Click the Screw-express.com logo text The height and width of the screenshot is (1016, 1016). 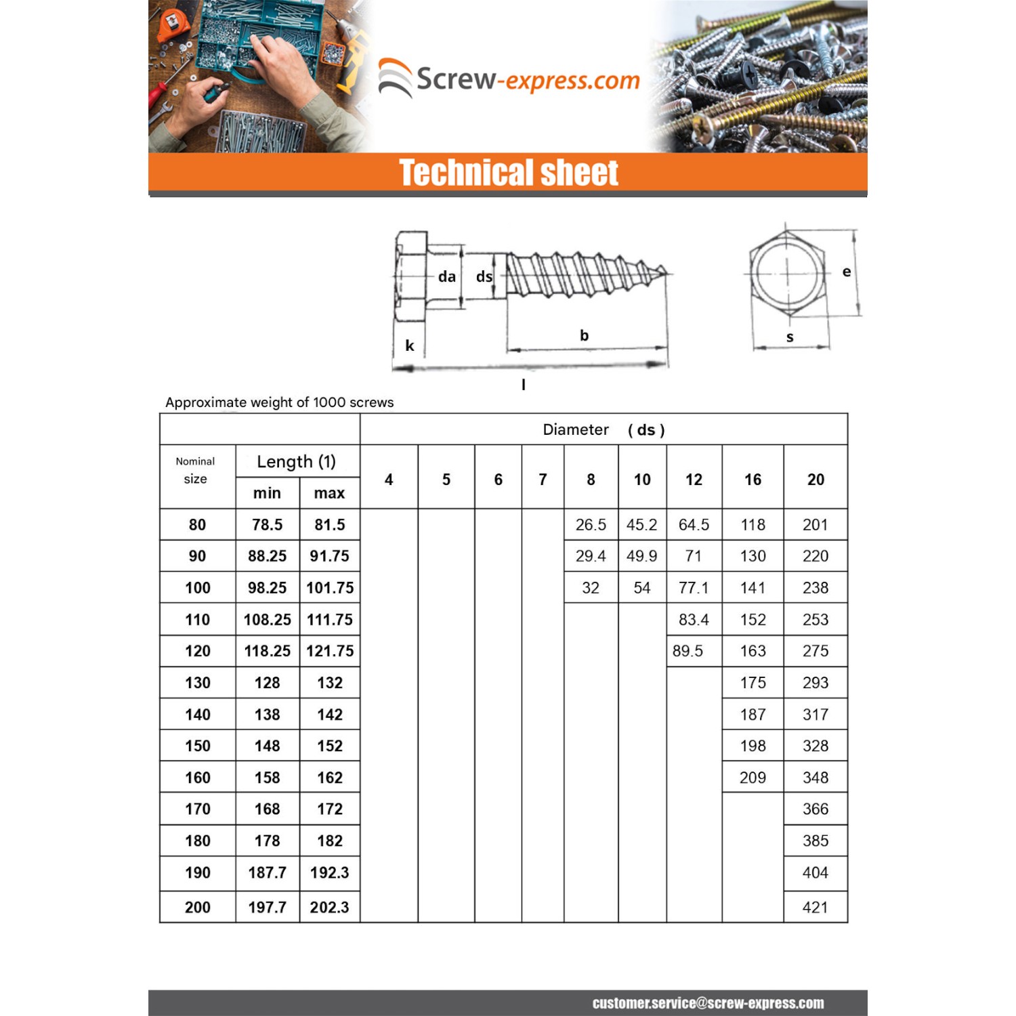point(528,80)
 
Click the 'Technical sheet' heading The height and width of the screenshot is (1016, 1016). point(508,173)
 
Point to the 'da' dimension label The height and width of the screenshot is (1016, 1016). point(446,276)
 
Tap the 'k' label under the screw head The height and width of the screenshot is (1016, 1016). point(410,345)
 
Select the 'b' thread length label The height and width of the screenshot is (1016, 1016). point(584,335)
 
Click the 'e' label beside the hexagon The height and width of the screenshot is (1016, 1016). point(846,272)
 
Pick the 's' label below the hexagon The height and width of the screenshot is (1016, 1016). point(790,337)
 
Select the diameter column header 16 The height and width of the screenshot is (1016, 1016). point(753,480)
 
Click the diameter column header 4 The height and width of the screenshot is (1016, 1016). point(389,480)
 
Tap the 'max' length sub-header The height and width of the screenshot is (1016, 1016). point(329,493)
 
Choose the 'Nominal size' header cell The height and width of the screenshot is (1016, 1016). point(196,470)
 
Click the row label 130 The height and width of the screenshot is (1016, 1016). point(198,683)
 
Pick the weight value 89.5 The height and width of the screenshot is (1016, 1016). point(687,651)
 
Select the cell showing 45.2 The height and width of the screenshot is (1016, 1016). point(641,525)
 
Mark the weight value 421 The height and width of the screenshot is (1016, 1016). point(815,907)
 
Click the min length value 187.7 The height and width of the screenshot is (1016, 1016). point(267,872)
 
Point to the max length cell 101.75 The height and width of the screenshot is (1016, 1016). point(330,588)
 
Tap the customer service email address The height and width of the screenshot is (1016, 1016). point(708,1003)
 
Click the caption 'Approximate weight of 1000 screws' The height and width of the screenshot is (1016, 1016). point(279,402)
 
